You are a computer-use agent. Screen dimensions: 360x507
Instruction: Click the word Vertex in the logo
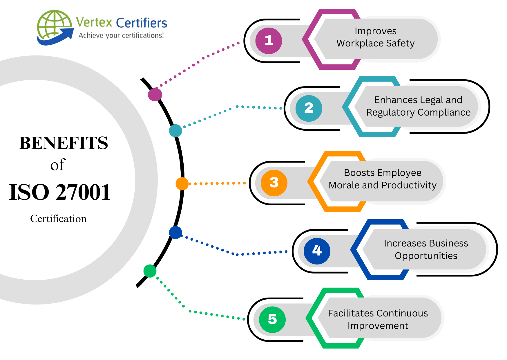(x=94, y=22)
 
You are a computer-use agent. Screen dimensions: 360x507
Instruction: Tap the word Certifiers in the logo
(x=142, y=23)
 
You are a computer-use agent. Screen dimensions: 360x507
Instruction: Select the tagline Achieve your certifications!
(x=121, y=35)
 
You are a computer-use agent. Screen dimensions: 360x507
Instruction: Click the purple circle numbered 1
(x=269, y=41)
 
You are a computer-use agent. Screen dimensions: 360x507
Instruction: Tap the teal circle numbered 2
(x=309, y=108)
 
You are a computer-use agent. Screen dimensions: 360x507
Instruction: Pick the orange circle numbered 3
(x=274, y=183)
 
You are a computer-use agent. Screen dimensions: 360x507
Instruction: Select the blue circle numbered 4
(x=317, y=251)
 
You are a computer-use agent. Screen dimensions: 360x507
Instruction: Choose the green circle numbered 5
(x=272, y=319)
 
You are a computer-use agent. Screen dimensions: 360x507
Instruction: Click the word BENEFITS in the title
(x=64, y=143)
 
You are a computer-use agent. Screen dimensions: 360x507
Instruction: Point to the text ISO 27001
(x=60, y=192)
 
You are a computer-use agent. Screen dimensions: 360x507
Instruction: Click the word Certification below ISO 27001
(x=58, y=219)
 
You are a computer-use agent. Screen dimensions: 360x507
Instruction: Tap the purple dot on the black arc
(x=155, y=95)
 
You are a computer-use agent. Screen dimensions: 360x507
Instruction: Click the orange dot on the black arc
(x=182, y=184)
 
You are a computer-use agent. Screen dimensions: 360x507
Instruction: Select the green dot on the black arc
(x=150, y=271)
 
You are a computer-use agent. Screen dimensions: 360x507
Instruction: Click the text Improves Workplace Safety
(x=375, y=37)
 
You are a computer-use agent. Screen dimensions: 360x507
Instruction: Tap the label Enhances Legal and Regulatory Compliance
(x=418, y=106)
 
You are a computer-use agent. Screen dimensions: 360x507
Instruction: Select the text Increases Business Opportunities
(x=426, y=249)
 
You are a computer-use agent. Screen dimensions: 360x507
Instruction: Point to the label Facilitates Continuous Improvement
(x=378, y=319)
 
